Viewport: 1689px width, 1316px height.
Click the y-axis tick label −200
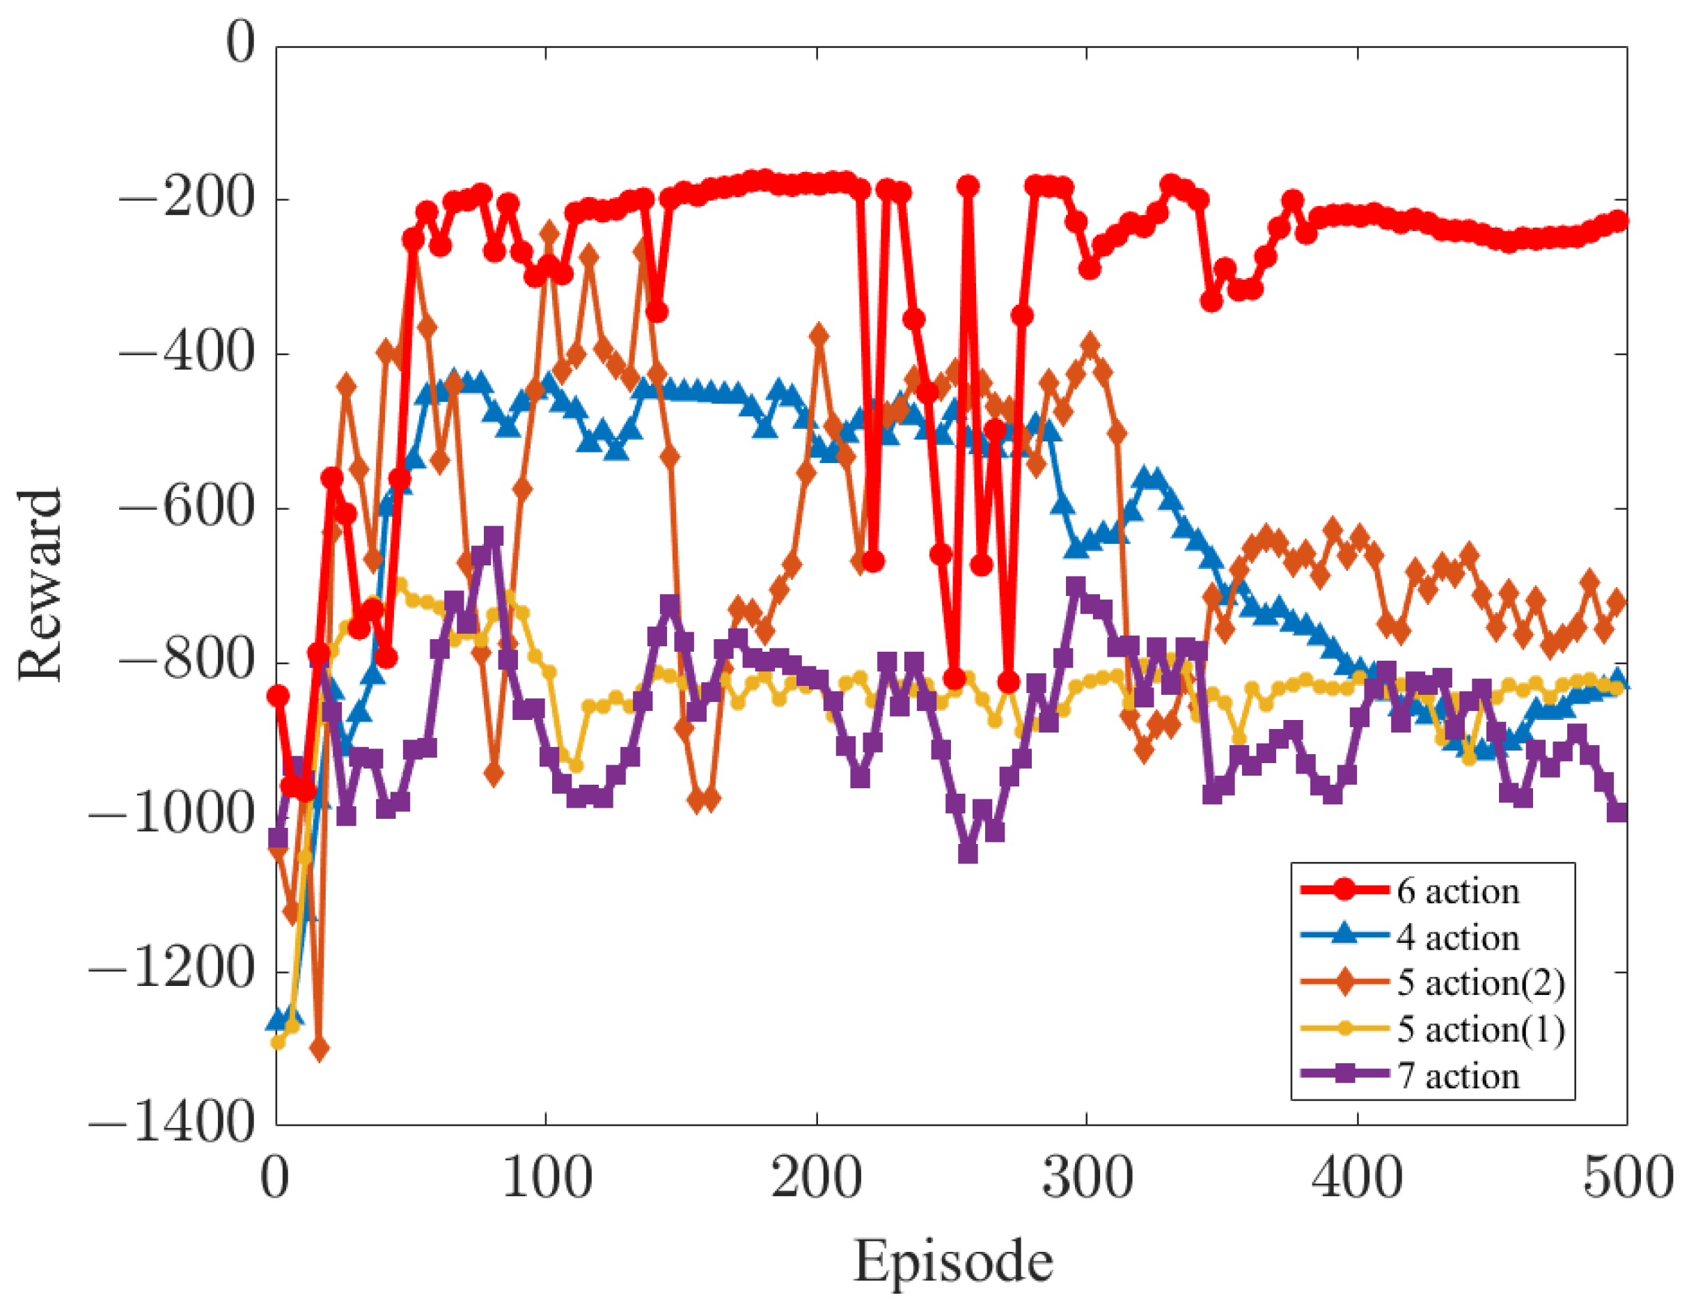[186, 200]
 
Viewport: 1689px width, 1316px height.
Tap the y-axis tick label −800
[186, 662]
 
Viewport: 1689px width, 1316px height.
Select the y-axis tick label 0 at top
[239, 42]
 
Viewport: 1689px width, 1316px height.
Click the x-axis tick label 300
[1087, 1177]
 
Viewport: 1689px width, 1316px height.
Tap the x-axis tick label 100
[547, 1177]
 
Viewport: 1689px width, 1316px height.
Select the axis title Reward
[40, 585]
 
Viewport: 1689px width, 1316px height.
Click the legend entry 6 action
[1458, 891]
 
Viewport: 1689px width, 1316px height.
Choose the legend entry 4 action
[1458, 937]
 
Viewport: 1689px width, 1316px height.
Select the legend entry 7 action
[1458, 1075]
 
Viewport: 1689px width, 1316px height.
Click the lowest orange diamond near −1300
[320, 1049]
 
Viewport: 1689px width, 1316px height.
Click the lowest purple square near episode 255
[968, 852]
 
